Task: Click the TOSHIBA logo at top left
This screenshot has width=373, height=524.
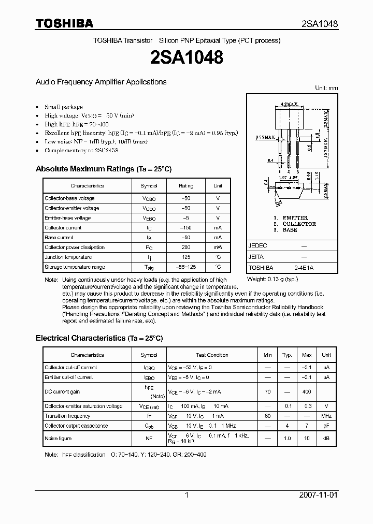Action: click(x=64, y=23)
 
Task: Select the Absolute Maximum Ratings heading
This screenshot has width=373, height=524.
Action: click(x=103, y=169)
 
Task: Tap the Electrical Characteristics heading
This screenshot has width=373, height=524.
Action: click(x=99, y=338)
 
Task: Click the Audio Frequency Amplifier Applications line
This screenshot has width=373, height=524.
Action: click(x=101, y=82)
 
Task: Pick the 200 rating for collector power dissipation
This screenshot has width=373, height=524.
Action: click(x=185, y=248)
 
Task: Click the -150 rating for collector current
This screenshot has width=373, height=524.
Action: click(x=185, y=228)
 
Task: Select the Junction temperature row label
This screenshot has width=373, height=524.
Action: click(x=68, y=257)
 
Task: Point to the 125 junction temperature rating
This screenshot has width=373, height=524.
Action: click(x=185, y=257)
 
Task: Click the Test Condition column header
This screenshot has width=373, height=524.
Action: click(x=212, y=355)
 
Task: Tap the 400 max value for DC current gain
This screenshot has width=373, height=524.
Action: click(x=307, y=392)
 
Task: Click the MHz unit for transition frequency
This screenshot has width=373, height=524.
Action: click(x=326, y=416)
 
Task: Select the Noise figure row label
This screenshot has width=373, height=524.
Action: click(x=59, y=439)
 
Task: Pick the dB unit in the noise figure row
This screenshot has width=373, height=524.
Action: click(x=326, y=439)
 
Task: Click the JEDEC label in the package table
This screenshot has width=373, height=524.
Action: click(x=257, y=246)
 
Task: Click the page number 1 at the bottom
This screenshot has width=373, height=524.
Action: click(x=187, y=495)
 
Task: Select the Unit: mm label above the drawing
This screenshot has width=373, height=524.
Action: click(x=326, y=89)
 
